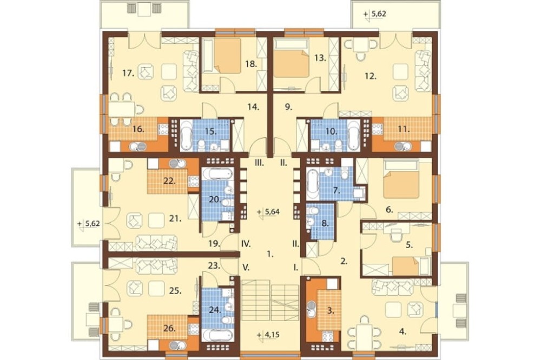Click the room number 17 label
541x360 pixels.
coord(128,73)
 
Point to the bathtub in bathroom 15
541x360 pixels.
coord(187,135)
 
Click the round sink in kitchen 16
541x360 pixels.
coord(137,147)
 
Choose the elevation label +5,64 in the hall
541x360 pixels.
coord(268,212)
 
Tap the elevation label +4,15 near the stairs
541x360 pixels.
coord(268,335)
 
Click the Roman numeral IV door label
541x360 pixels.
coord(245,244)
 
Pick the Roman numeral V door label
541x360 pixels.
coord(246,267)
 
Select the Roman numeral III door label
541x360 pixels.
coord(259,163)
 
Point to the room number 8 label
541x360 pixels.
coord(324,223)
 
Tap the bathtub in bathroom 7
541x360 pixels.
coord(313,184)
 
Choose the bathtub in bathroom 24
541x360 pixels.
coord(217,335)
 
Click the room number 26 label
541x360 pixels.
coord(169,329)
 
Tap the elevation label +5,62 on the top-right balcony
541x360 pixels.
coord(375,15)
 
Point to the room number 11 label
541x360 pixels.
coord(404,130)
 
